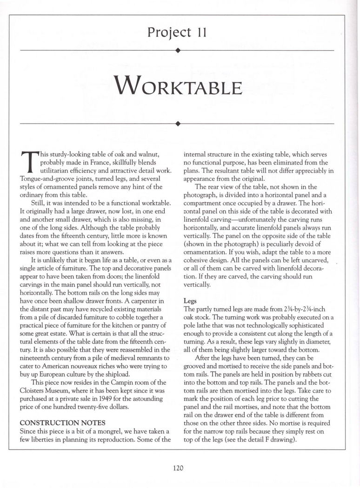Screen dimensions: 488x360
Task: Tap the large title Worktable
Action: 180,86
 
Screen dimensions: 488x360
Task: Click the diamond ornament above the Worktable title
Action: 178,50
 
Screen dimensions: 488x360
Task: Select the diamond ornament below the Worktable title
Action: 178,124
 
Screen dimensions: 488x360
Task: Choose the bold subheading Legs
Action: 190,301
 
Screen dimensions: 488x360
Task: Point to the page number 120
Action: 180,468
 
